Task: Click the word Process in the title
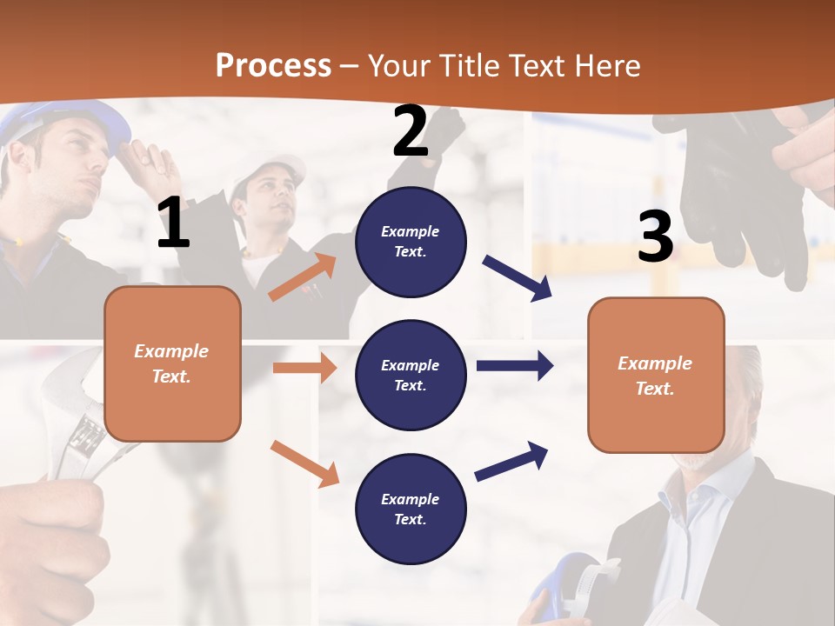click(x=273, y=65)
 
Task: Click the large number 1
click(x=173, y=223)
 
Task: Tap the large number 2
click(x=411, y=131)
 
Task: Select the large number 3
click(x=655, y=237)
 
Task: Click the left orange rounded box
click(x=172, y=363)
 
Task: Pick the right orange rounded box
click(x=656, y=375)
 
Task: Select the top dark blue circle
click(x=411, y=242)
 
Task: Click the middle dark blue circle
click(x=411, y=375)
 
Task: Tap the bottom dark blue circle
click(x=411, y=509)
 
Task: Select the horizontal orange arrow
click(x=304, y=368)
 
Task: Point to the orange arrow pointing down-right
click(x=304, y=463)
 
